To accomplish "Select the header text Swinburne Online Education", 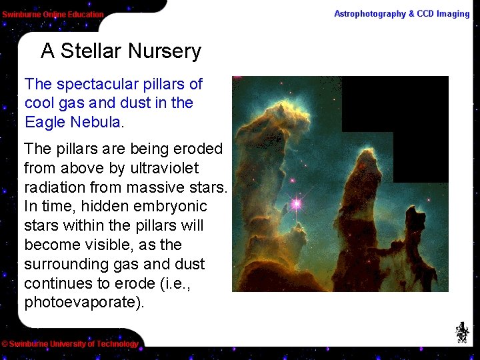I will [x=53, y=15].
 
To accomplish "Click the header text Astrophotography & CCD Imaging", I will [x=401, y=14].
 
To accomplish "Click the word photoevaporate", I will [x=80, y=303].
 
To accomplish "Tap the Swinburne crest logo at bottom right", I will [x=462, y=332].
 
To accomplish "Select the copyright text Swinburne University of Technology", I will [x=70, y=344].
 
